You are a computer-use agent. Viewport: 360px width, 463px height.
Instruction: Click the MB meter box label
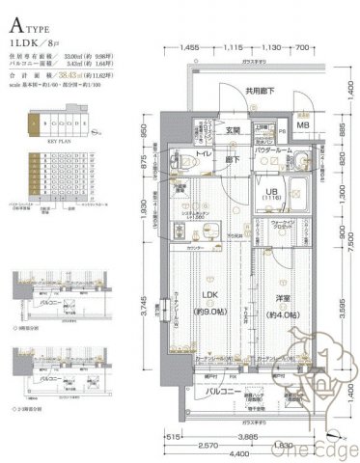(303, 125)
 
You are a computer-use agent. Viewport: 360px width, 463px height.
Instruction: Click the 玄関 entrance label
(234, 131)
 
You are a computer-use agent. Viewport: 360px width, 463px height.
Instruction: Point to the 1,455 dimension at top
(189, 47)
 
